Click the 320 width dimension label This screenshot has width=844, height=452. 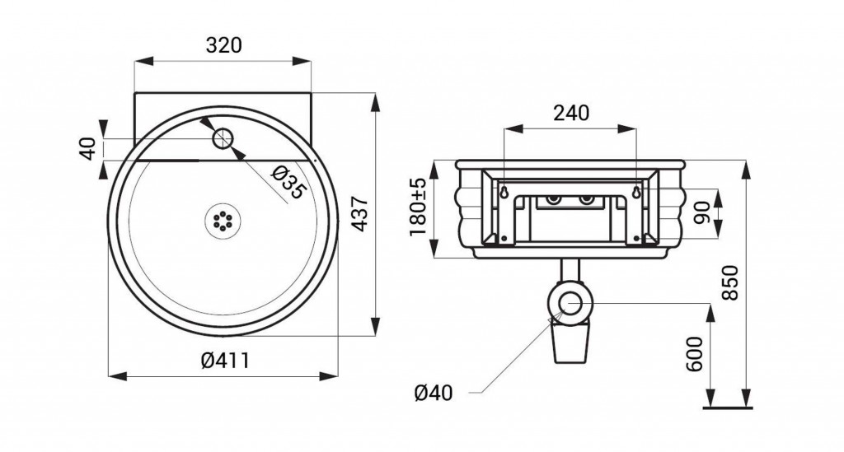coord(224,45)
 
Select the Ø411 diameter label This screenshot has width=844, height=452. coord(226,360)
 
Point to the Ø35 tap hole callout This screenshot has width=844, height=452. coord(289,184)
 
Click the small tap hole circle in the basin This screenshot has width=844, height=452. coord(222,138)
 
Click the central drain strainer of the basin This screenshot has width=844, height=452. coord(223,221)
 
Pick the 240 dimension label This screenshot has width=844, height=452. coord(572,113)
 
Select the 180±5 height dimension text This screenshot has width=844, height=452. coord(418,207)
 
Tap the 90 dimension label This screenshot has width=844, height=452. coord(701,214)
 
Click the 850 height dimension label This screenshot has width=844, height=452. coord(730,283)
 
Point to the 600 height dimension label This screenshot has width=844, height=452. coord(695,354)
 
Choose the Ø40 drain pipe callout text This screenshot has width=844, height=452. coord(434,393)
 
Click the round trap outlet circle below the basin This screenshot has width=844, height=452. coord(570,304)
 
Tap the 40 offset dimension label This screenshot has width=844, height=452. coord(90,149)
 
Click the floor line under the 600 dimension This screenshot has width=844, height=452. coord(727,408)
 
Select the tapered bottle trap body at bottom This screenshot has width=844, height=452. coord(570,344)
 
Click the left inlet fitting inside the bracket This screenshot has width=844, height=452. coord(553,199)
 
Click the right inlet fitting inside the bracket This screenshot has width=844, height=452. coord(586,199)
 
